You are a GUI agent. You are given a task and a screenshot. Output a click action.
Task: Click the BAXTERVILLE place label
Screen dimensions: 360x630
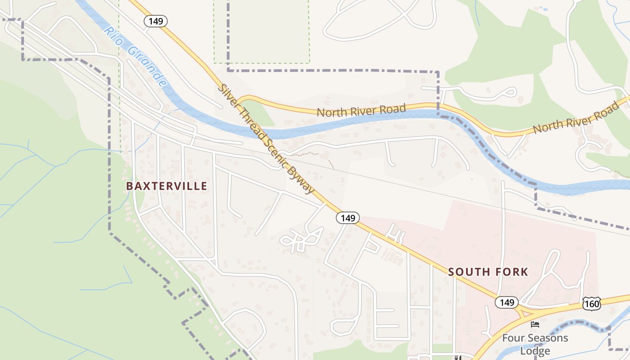pos(166,186)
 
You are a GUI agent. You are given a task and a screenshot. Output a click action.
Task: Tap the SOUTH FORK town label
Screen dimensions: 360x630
pos(488,272)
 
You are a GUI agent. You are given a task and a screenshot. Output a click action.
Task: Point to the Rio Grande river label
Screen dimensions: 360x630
pos(135,56)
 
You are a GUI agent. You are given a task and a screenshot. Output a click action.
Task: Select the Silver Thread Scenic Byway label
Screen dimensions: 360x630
pos(266,139)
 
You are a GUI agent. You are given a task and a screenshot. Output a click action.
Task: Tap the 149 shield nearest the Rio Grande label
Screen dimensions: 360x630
pos(156,21)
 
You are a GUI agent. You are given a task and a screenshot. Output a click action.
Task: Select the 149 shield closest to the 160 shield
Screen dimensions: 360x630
pos(507,302)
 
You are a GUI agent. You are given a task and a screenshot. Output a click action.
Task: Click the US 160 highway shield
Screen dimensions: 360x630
pos(591,304)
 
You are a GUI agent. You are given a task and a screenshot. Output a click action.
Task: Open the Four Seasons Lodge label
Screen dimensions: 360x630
pos(535,344)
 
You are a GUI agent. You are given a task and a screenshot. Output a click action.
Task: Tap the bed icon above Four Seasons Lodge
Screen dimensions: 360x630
pos(535,324)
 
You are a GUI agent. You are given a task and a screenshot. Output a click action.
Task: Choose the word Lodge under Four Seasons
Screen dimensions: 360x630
pos(535,351)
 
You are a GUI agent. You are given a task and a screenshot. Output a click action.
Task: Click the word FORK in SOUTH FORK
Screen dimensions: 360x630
pos(511,272)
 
